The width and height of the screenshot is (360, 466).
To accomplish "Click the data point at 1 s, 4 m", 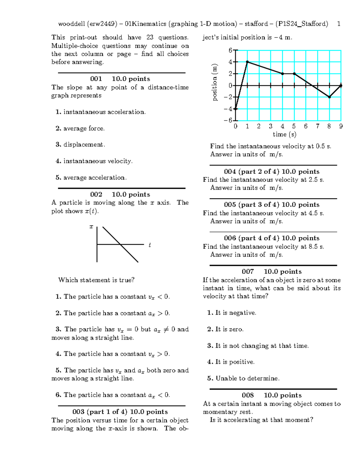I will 247,62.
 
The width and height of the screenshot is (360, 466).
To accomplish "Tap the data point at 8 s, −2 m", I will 329,97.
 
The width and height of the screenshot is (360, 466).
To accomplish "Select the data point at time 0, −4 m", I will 235,109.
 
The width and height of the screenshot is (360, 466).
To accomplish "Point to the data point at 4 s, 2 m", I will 282,74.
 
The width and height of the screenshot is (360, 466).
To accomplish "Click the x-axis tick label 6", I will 306,126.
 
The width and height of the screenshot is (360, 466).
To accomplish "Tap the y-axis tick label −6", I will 228,120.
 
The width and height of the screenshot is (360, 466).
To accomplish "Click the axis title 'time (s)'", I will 284,134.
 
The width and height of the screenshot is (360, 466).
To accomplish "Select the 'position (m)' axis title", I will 214,83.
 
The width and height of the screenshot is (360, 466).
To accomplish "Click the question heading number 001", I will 96,79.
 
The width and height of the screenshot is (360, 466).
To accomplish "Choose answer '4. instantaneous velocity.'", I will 94,161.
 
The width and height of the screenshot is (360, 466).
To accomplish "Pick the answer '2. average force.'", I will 80,128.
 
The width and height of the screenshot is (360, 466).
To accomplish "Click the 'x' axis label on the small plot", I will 91,227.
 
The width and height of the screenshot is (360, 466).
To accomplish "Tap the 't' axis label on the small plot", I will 150,245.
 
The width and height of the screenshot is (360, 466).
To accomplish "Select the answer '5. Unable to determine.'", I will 243,378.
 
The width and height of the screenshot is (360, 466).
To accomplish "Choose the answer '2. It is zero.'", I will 225,329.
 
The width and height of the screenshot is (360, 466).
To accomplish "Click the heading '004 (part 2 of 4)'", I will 251,172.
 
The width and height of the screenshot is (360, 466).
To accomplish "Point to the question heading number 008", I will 248,395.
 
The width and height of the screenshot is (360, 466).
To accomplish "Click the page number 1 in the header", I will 339,24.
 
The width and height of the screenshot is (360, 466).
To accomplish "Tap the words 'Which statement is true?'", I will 96,280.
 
